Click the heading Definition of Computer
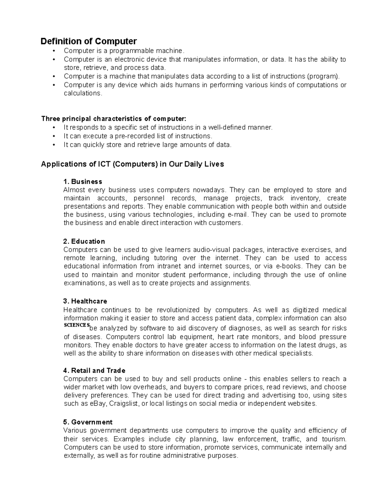[89, 41]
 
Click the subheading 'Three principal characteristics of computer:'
[114, 119]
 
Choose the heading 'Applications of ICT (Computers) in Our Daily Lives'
[132, 164]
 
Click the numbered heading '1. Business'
[83, 181]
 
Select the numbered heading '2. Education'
[84, 241]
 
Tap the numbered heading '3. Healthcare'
[85, 301]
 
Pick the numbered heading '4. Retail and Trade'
[94, 370]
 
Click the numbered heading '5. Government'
[88, 422]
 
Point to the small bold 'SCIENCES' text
[76, 325]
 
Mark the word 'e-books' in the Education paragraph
[288, 266]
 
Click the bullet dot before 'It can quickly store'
[54, 145]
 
